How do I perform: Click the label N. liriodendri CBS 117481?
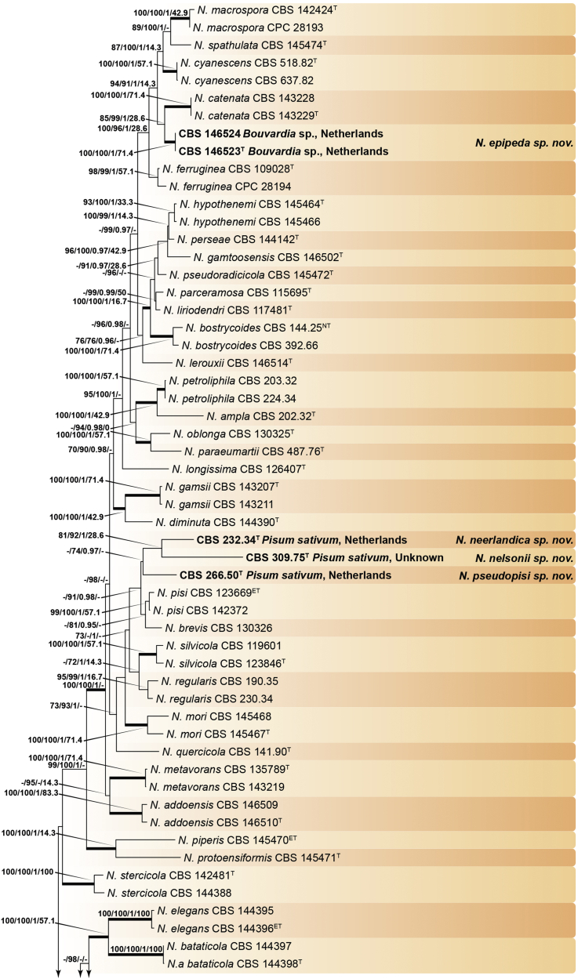224,309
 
